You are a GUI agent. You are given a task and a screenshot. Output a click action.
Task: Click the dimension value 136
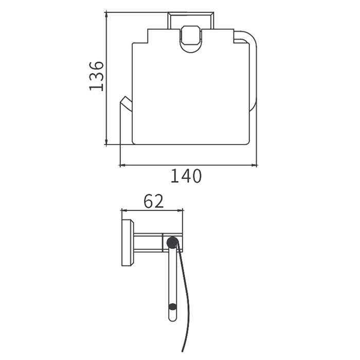[x=97, y=76]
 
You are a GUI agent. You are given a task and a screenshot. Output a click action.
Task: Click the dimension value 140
[x=186, y=176]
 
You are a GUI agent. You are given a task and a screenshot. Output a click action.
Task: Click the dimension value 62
[x=154, y=201]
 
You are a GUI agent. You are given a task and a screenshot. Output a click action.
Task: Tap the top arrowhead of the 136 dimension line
[x=106, y=15]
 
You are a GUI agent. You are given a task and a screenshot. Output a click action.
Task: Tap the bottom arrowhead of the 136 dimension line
[x=106, y=141]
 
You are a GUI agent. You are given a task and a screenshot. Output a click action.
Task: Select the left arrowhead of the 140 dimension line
[x=123, y=165]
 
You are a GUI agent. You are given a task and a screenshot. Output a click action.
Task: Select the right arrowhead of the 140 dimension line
[x=254, y=165]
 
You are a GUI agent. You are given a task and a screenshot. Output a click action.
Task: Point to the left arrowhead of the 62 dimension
[x=124, y=210]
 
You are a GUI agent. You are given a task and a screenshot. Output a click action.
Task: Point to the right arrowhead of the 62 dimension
[x=180, y=210]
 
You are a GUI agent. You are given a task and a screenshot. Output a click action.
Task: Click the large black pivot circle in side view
[x=172, y=242]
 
